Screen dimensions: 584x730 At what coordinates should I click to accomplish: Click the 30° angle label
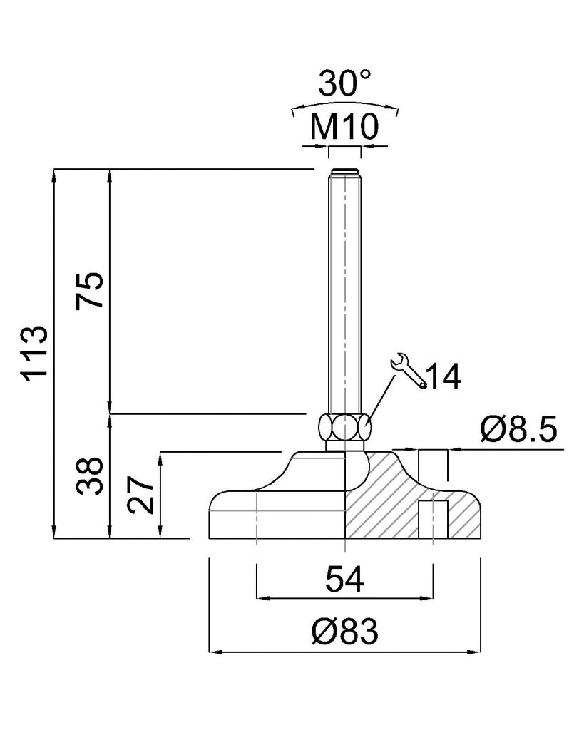click(x=345, y=83)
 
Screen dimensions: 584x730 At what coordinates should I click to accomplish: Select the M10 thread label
click(x=344, y=126)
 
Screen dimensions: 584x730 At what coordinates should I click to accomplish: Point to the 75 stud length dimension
click(x=89, y=289)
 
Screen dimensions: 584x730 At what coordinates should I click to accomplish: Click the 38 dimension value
click(x=89, y=475)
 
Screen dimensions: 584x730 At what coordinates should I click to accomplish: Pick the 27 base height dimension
click(x=140, y=495)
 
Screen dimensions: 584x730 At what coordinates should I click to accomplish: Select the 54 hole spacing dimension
click(x=344, y=579)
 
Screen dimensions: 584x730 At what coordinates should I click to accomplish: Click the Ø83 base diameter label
click(x=344, y=632)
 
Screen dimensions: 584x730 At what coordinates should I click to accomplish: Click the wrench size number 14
click(x=444, y=376)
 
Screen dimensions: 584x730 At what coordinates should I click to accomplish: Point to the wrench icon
click(x=409, y=370)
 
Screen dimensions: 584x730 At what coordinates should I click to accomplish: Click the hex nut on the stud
click(x=345, y=427)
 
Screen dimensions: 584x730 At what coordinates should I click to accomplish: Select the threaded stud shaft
click(x=345, y=292)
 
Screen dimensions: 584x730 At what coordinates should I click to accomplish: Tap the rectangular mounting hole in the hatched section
click(x=433, y=520)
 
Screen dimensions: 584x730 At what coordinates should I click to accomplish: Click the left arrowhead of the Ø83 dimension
click(x=214, y=652)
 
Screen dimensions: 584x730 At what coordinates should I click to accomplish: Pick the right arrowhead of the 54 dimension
click(x=428, y=598)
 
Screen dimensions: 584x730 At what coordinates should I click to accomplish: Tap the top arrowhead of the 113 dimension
click(x=54, y=175)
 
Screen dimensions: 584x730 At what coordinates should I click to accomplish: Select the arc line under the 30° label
click(x=345, y=104)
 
